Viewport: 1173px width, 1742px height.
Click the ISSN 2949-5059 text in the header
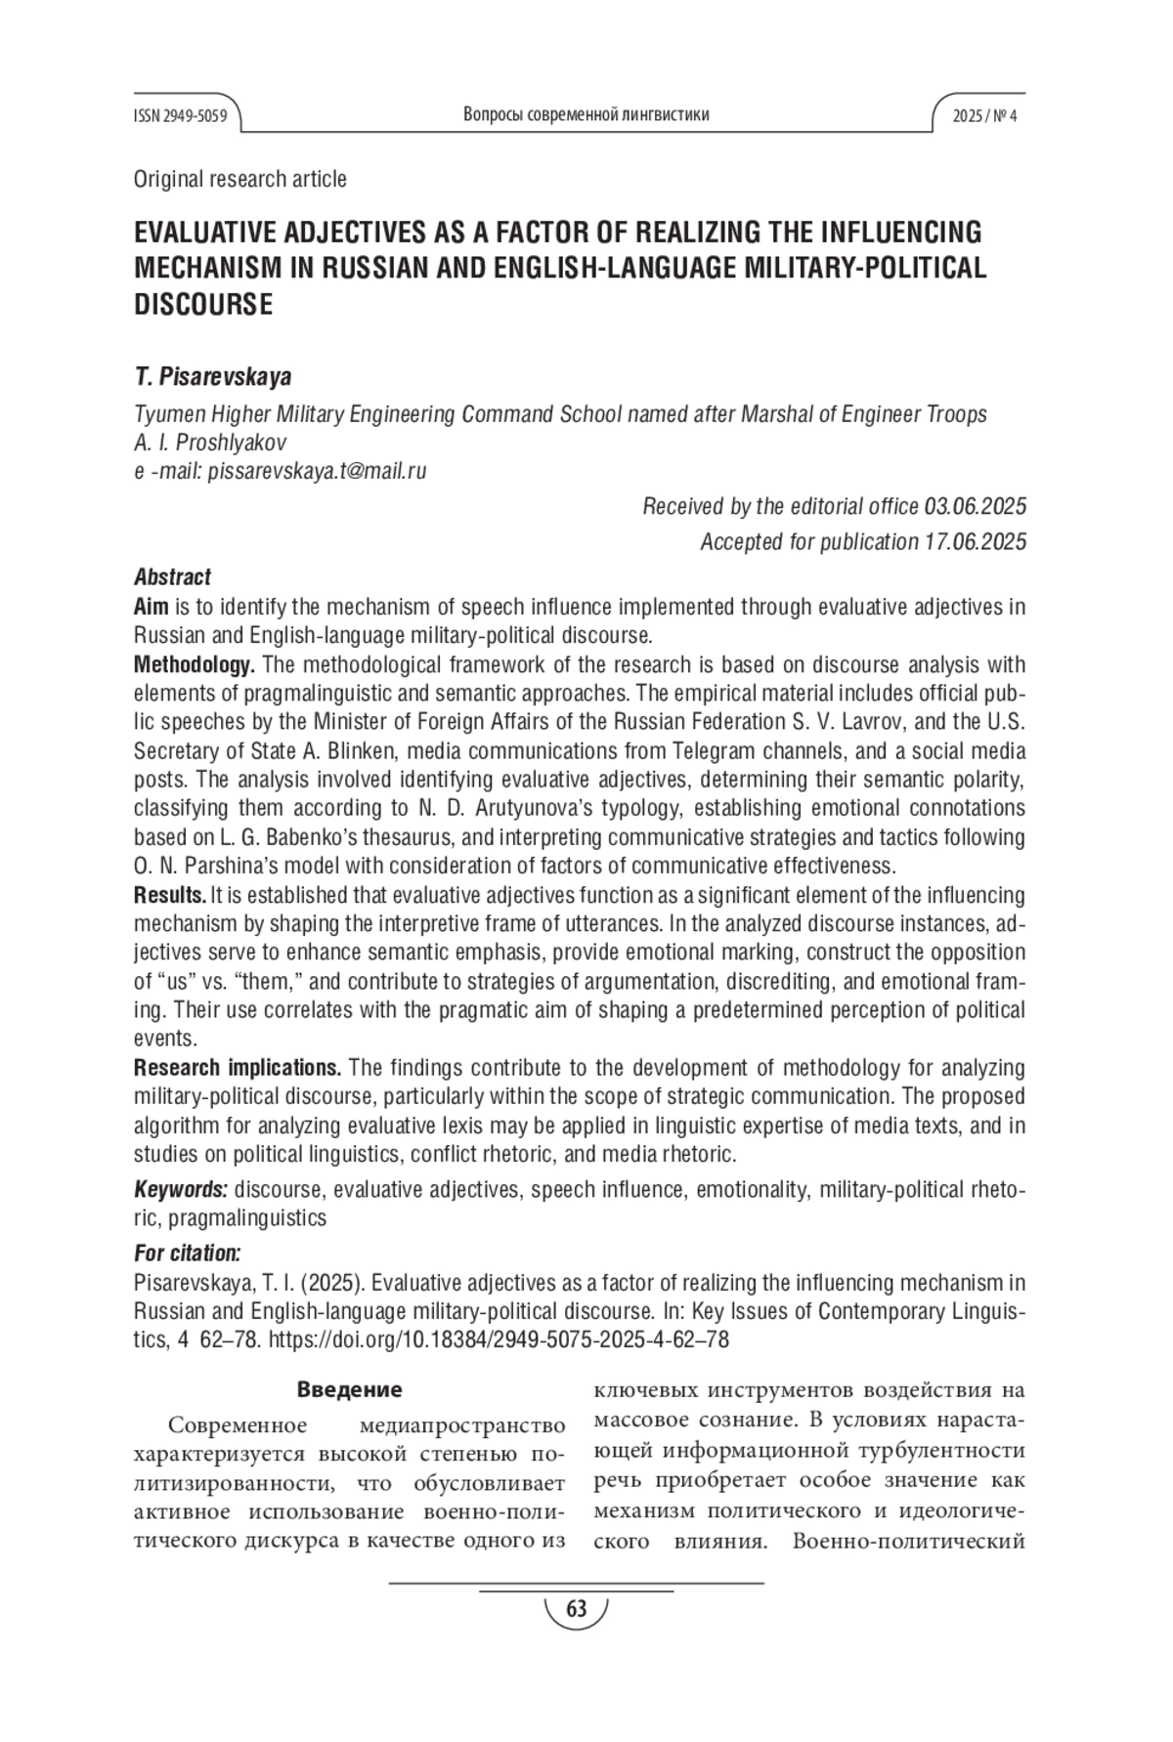180,116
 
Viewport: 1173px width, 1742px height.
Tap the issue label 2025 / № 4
984,116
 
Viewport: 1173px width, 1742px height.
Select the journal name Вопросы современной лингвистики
586,115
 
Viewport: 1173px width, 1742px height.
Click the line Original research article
239,179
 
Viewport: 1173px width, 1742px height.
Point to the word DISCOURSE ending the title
203,305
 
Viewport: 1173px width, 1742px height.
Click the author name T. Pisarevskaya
212,377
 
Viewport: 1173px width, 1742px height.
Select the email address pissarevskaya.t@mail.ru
318,471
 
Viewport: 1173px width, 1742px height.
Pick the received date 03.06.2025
975,506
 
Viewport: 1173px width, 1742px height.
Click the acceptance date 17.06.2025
975,541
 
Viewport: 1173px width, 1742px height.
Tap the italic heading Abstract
172,577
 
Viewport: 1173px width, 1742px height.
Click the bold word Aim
151,607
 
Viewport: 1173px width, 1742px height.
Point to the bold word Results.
169,895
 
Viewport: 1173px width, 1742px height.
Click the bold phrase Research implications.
237,1067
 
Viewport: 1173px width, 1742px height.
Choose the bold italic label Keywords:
181,1189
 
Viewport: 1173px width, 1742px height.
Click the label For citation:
187,1253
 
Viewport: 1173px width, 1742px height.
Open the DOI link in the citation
498,1339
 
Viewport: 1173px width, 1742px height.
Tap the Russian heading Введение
349,1389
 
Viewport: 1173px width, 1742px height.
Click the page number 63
576,1609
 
